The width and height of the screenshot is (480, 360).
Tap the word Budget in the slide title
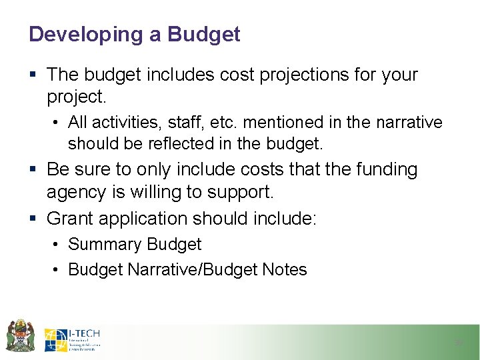click(x=204, y=34)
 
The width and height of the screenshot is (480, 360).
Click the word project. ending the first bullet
click(x=76, y=97)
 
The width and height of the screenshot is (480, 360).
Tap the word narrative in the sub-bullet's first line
click(x=409, y=123)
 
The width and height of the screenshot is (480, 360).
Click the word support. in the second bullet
click(x=239, y=193)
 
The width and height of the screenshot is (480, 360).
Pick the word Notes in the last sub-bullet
click(x=284, y=270)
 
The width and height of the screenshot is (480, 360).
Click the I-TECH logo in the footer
click(x=72, y=339)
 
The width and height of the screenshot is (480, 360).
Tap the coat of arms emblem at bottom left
click(x=20, y=335)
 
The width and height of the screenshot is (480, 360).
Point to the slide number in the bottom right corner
click(x=458, y=343)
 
